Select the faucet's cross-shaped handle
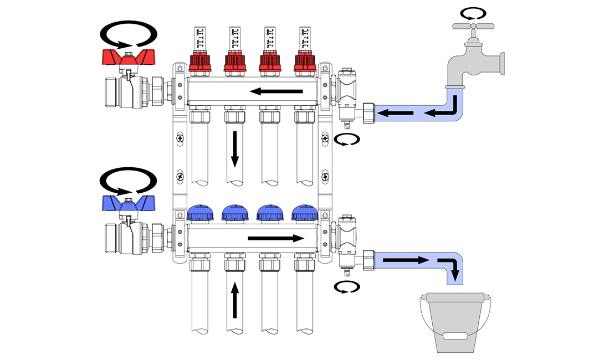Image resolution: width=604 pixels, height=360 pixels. (472, 25)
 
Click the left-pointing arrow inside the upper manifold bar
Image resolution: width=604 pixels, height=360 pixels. (275, 91)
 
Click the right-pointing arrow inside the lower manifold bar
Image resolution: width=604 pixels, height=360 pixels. (275, 239)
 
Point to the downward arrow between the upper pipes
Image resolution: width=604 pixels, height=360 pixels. (235, 148)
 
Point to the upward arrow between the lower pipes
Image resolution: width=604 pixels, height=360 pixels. (235, 300)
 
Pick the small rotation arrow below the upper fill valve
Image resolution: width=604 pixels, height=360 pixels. (346, 140)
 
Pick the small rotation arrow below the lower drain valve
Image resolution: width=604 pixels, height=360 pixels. (346, 287)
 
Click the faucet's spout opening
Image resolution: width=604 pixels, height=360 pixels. (456, 88)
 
